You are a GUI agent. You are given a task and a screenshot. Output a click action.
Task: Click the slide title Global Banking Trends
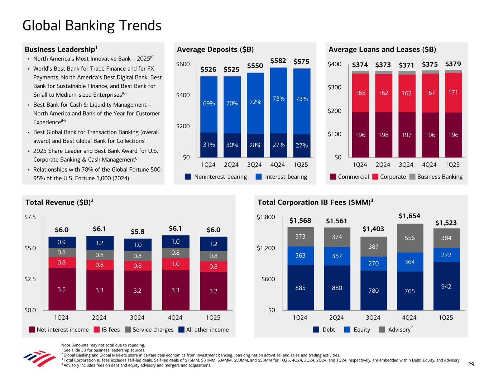click(x=92, y=26)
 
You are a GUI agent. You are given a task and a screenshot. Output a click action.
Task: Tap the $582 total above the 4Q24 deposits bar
click(x=278, y=61)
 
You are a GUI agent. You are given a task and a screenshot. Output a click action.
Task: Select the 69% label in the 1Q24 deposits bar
click(x=209, y=104)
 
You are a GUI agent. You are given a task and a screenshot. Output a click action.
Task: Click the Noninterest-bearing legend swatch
click(x=188, y=177)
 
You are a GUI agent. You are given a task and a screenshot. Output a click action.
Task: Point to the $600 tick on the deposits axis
click(x=183, y=64)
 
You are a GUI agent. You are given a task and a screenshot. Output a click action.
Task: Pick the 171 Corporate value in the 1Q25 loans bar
click(x=453, y=92)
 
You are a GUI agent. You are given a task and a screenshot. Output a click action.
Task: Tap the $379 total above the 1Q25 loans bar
click(x=453, y=64)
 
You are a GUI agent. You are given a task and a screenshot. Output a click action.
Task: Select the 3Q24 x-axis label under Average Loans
click(x=406, y=165)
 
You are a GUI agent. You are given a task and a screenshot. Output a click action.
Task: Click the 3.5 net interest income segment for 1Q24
click(x=62, y=289)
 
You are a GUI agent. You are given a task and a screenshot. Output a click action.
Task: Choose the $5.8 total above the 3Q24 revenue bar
click(x=137, y=231)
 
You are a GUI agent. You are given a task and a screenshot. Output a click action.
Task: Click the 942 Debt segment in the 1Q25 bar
click(x=446, y=286)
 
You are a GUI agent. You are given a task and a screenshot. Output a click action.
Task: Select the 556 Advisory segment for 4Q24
click(x=409, y=238)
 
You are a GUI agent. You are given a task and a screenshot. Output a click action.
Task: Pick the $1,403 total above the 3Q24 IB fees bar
click(x=373, y=229)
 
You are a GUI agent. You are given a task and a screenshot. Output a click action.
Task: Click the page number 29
click(x=471, y=364)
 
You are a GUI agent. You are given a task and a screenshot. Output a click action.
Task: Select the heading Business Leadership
click(x=61, y=49)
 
